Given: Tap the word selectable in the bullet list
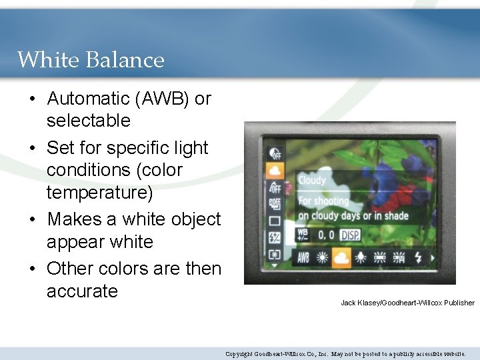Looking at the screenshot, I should click(x=88, y=121).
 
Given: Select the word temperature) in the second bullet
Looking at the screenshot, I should click(x=99, y=193).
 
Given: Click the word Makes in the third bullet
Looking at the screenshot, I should click(x=74, y=219).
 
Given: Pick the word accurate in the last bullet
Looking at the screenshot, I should click(x=82, y=291).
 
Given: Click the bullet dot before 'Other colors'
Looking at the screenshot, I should click(x=32, y=269).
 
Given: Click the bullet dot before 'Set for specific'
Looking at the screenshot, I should click(x=32, y=148).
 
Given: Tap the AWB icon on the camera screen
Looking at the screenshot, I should click(x=303, y=257).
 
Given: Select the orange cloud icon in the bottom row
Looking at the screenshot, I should click(x=342, y=257).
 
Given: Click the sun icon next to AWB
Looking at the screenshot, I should click(x=323, y=257).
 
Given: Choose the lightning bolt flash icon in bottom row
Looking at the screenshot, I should click(x=419, y=257).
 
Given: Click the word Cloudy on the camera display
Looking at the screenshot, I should click(x=312, y=181).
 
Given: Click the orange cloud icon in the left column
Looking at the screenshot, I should click(x=274, y=170).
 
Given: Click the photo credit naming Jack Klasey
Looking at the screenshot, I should click(x=407, y=303).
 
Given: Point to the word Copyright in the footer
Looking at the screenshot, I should click(x=238, y=354).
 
